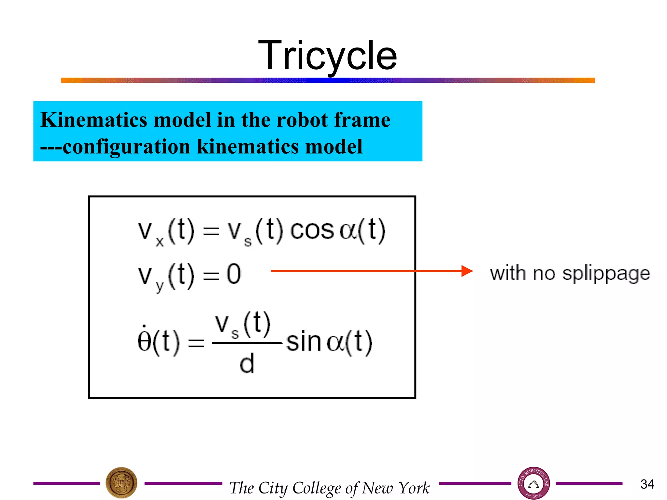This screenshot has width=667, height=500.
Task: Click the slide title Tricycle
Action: [327, 55]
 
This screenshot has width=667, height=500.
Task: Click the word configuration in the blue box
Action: [126, 146]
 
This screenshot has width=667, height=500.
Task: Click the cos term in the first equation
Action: [312, 230]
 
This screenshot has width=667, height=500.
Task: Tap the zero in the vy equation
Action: [234, 274]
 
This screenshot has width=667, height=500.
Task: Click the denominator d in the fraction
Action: [247, 364]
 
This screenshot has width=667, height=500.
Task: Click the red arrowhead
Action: [467, 271]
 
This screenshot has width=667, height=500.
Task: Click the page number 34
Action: [647, 484]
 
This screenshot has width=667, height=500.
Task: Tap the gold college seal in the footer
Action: [121, 483]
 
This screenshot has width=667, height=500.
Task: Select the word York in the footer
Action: [414, 488]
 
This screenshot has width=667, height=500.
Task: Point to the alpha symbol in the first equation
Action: [348, 231]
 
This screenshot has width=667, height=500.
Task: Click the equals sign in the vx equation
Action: [211, 231]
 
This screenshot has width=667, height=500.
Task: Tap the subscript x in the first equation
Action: [159, 242]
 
